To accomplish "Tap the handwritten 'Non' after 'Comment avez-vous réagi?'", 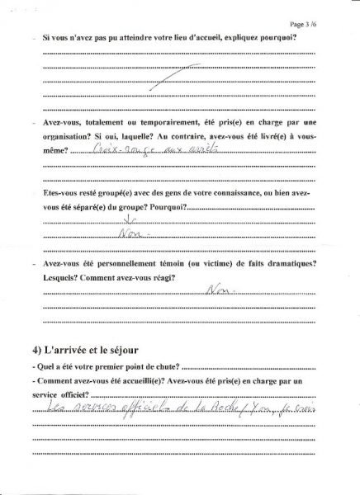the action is coord(217,290).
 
